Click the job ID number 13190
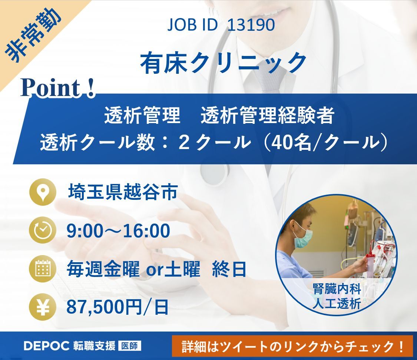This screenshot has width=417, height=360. (x=251, y=25)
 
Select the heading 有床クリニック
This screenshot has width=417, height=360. (x=224, y=63)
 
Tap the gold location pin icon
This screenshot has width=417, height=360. (x=43, y=192)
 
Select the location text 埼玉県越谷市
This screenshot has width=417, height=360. (x=123, y=192)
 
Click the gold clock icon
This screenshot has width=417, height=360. (x=43, y=230)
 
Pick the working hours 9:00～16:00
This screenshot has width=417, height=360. (x=118, y=231)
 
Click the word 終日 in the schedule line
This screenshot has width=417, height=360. (x=229, y=269)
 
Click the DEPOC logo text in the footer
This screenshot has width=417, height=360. (x=46, y=346)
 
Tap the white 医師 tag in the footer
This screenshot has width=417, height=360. (x=129, y=346)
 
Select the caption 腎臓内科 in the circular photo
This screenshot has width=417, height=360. (x=337, y=289)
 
